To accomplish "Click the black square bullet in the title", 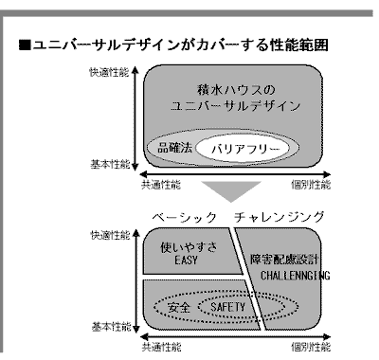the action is [x=25, y=45].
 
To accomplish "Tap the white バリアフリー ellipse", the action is [x=243, y=149].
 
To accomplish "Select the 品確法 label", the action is [x=174, y=147].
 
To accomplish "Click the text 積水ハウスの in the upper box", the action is [x=236, y=90].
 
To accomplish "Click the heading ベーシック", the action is [x=184, y=218].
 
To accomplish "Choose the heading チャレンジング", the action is [x=280, y=218].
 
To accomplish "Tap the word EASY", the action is [x=186, y=261].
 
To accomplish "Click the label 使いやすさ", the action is [x=189, y=247].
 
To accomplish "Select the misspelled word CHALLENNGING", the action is [x=296, y=276].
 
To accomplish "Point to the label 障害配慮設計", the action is [x=284, y=260].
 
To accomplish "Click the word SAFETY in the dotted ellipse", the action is [x=227, y=307].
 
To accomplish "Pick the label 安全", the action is [x=179, y=307].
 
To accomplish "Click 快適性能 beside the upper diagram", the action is [x=109, y=72].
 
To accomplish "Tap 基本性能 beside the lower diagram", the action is [x=111, y=327].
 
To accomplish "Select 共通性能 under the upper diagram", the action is [x=161, y=185].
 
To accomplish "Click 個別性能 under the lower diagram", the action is [x=311, y=347].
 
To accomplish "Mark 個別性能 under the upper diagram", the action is [x=311, y=185].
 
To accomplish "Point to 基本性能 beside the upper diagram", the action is [x=110, y=164].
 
